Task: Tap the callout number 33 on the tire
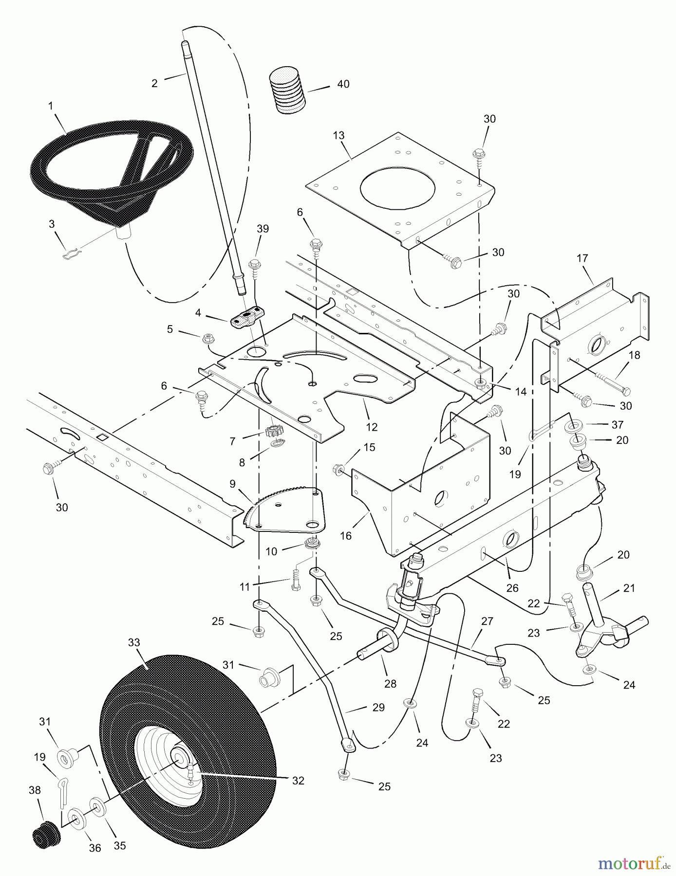coord(133,643)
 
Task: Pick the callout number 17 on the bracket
coord(582,258)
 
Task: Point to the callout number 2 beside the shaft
coord(154,83)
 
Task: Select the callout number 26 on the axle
coord(512,588)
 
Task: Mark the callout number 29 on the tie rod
coord(378,708)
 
